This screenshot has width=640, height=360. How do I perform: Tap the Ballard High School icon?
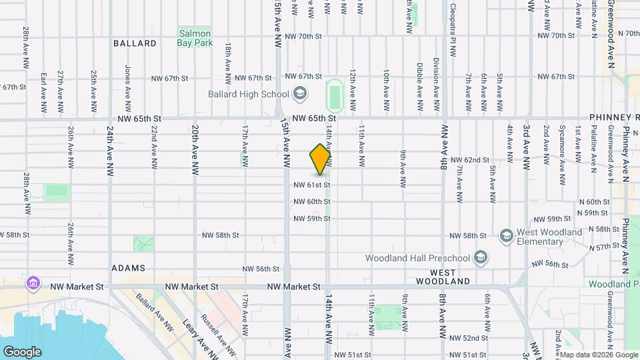pyautogui.click(x=300, y=94)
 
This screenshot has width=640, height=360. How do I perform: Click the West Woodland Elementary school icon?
pyautogui.click(x=506, y=235)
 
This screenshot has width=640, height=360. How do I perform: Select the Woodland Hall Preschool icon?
pyautogui.click(x=479, y=257)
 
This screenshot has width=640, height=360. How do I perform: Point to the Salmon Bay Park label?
pyautogui.click(x=195, y=38)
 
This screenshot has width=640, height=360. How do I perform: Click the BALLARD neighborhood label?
pyautogui.click(x=135, y=43)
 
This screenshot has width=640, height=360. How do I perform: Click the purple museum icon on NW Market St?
pyautogui.click(x=32, y=283)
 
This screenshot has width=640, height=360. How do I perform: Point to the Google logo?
pyautogui.click(x=22, y=351)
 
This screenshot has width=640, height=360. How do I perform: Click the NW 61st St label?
pyautogui.click(x=311, y=185)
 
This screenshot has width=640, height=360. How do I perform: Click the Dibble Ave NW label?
pyautogui.click(x=419, y=87)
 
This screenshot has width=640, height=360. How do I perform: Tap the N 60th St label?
pyautogui.click(x=595, y=201)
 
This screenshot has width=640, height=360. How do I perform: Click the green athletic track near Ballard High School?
pyautogui.click(x=334, y=96)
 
